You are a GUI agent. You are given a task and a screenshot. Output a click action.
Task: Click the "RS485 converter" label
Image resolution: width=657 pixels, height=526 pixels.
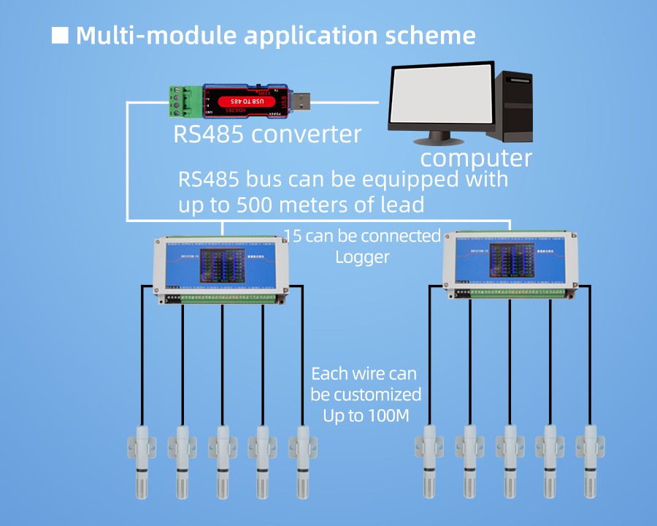[x=267, y=134]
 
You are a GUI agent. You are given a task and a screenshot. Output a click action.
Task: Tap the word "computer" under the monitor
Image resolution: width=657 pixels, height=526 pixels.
[x=476, y=158]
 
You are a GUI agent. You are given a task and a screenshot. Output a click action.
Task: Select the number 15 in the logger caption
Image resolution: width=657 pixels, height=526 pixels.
[x=293, y=236]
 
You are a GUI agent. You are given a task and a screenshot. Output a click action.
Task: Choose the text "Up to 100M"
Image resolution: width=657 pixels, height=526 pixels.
[x=365, y=415]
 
